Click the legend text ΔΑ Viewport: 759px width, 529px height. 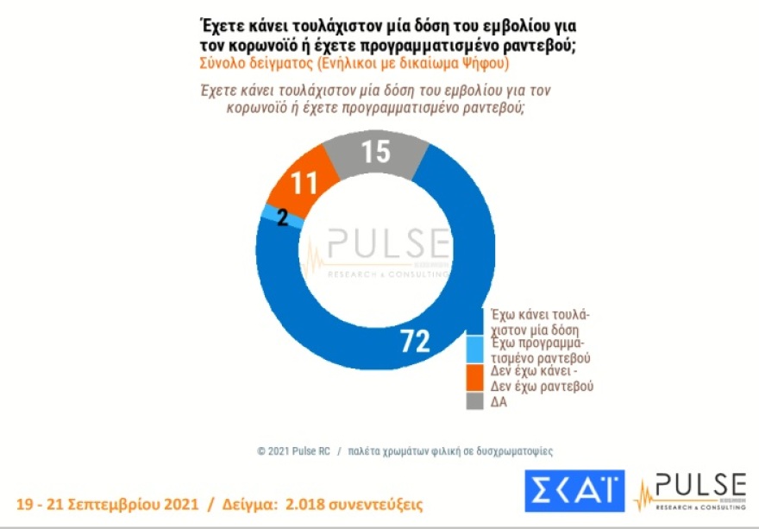pos(499,402)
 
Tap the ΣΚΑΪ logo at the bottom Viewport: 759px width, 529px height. pos(574,492)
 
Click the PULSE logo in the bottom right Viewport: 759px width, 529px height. pos(690,492)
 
